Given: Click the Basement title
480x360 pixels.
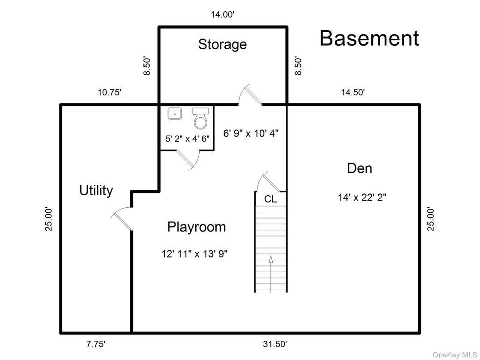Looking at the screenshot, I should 369,39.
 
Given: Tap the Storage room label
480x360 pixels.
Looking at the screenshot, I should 222,44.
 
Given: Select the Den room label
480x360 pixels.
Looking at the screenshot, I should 360,168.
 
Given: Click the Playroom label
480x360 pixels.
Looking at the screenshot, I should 196,227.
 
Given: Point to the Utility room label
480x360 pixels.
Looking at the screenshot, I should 96,190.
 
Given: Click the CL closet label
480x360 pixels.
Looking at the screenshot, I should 270,199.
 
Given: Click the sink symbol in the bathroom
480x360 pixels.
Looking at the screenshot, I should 174,114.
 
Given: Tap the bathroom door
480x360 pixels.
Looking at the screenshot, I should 187,159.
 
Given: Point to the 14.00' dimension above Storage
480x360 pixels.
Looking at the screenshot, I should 223,15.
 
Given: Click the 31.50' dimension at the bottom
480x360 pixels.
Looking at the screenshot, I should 274,344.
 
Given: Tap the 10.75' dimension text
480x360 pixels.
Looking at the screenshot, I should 109,93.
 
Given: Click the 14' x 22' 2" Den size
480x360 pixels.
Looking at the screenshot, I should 362,197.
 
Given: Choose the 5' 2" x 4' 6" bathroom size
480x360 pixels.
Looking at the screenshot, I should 188,139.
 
